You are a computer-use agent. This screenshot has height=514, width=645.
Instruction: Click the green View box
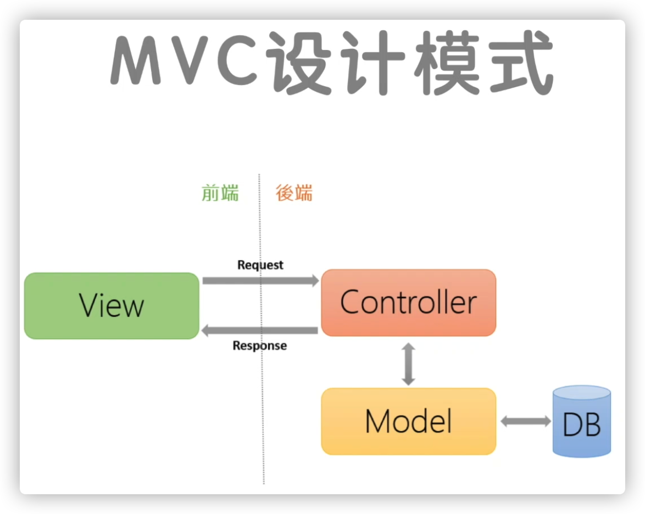[x=112, y=306]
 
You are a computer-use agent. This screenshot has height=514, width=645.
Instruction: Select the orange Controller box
[x=408, y=303]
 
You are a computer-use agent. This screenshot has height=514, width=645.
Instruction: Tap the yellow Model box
[x=408, y=421]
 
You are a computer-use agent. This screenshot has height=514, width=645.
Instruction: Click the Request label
[x=260, y=265]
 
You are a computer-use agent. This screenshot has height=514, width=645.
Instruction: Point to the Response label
[x=259, y=345]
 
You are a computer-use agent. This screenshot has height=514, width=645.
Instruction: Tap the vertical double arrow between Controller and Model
[x=408, y=364]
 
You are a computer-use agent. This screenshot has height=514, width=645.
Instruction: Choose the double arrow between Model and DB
[x=525, y=421]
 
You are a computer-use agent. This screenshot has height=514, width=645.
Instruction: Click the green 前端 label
[x=220, y=193]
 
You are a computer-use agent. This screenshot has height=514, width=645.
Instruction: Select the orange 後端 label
[x=294, y=193]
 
